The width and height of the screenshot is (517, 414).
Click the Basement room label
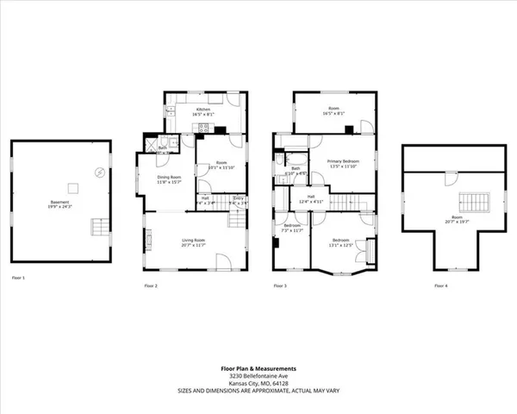pos(61,203)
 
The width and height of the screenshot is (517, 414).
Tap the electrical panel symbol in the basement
pos(101,172)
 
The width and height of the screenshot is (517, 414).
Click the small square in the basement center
pos(73,187)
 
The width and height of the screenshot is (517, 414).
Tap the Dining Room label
pos(167,178)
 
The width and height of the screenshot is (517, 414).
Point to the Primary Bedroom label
pos(342,161)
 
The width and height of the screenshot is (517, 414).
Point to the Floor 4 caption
pos(441,285)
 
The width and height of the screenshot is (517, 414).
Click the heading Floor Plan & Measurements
pos(258,367)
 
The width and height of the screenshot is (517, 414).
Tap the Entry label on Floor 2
pos(240,198)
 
